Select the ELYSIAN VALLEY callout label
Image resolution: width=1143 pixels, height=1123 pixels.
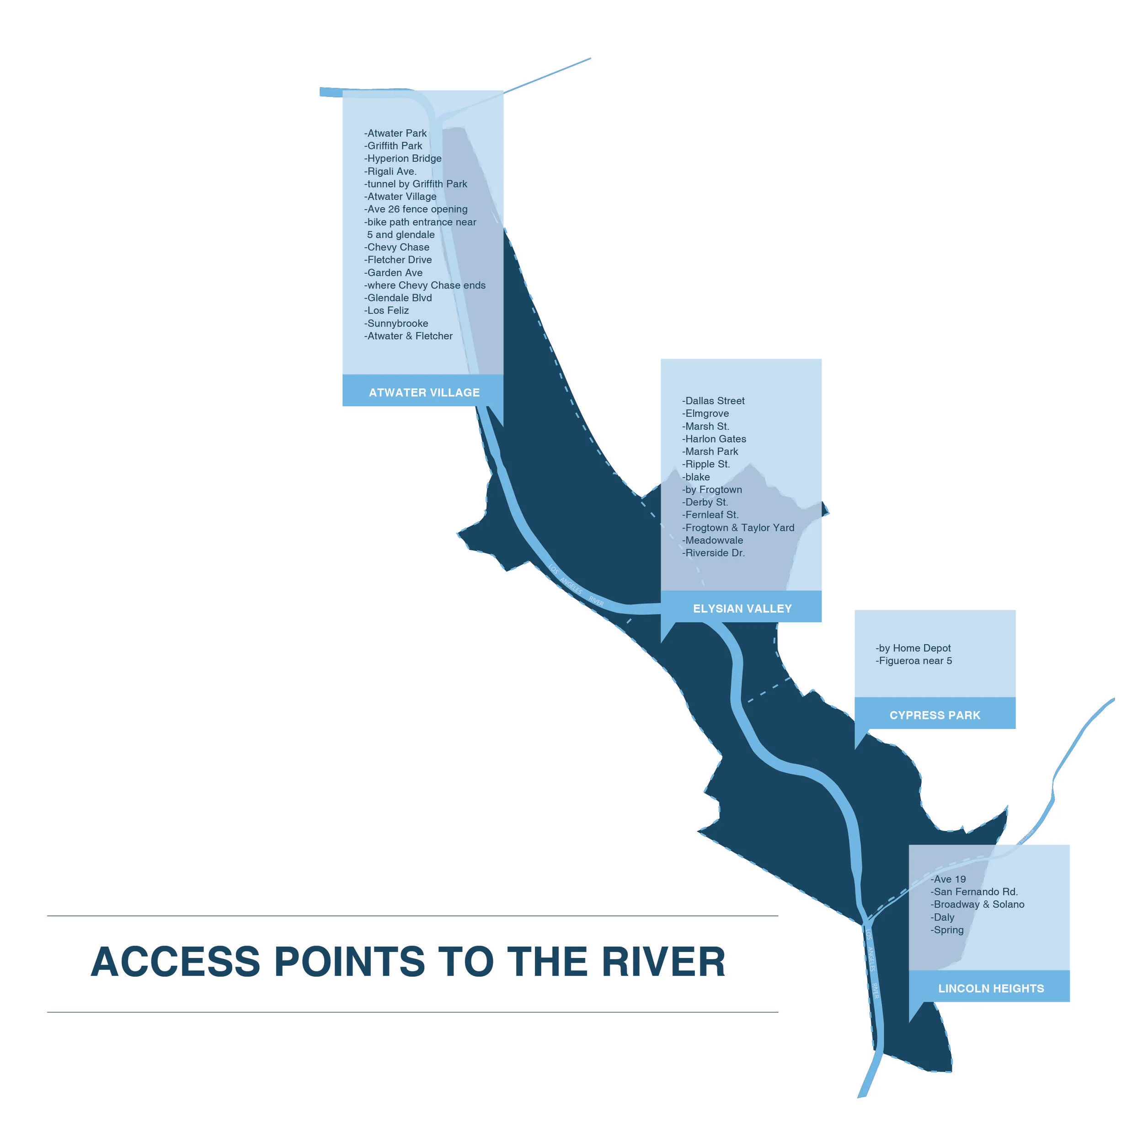pos(742,609)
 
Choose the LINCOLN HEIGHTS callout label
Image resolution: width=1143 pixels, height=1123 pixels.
pos(990,989)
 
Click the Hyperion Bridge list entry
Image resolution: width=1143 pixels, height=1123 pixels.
pos(403,159)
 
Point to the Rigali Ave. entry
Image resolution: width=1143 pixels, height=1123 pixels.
pos(391,171)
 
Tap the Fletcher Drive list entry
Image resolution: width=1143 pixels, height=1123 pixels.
pos(399,260)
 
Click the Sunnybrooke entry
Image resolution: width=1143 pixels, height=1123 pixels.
pos(397,324)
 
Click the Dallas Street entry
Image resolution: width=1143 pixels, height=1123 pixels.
pos(714,401)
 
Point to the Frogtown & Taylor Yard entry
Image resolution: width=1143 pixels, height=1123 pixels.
pos(738,528)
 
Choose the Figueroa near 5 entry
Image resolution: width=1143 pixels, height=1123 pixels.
pos(914,661)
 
